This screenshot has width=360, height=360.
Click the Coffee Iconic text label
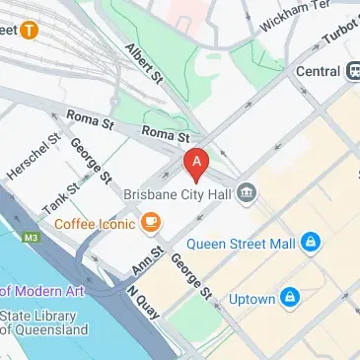(96, 224)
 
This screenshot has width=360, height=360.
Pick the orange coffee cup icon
(151, 224)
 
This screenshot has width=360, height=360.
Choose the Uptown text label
(251, 296)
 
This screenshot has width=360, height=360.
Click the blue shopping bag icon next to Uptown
(290, 296)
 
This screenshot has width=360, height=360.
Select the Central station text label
(318, 71)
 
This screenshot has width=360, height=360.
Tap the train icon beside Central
(353, 71)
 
